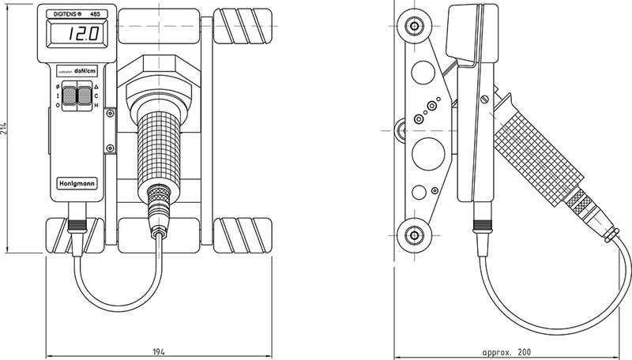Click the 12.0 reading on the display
coord(81,36)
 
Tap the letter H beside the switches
coord(96,105)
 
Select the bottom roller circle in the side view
coord(412,234)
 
